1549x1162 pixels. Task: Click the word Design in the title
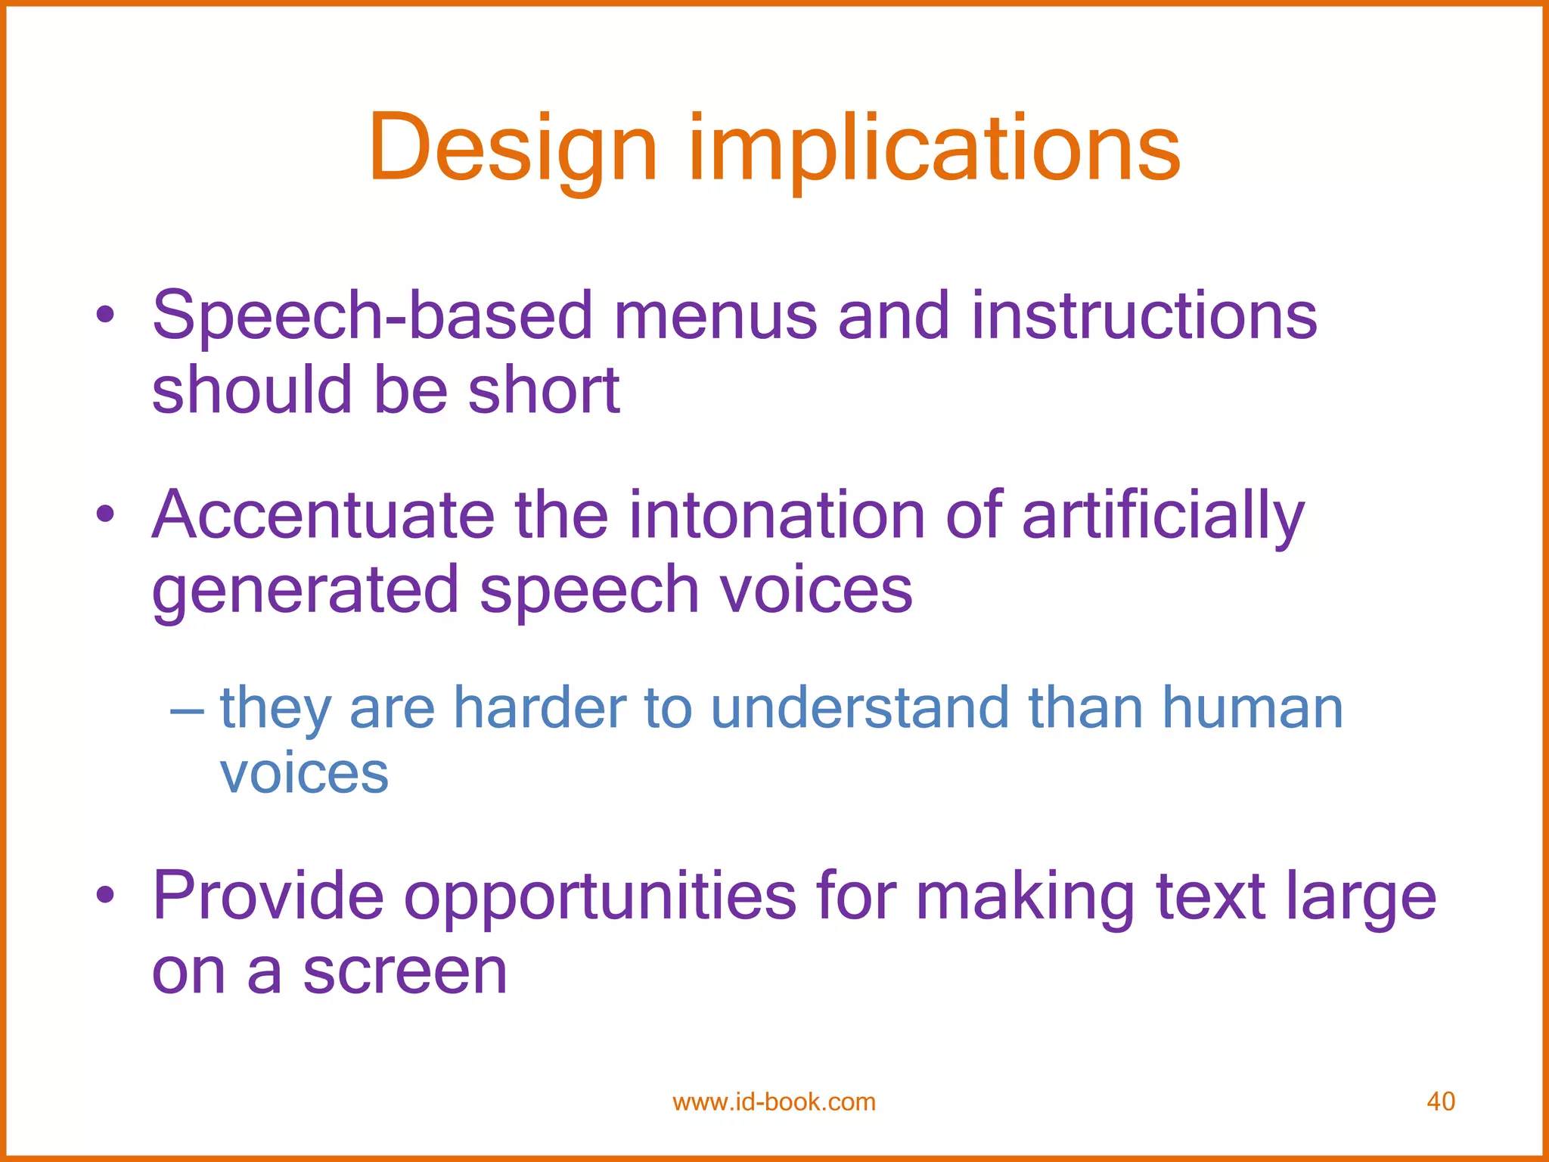tap(512, 149)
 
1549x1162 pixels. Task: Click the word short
tap(544, 390)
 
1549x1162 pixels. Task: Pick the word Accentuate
tap(323, 516)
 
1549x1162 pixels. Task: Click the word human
tap(1252, 709)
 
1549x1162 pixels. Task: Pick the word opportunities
tap(600, 899)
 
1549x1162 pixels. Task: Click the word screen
tap(405, 972)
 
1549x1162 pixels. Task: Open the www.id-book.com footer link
tap(774, 1102)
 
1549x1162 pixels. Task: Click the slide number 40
tap(1440, 1101)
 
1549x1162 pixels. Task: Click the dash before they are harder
tap(187, 711)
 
